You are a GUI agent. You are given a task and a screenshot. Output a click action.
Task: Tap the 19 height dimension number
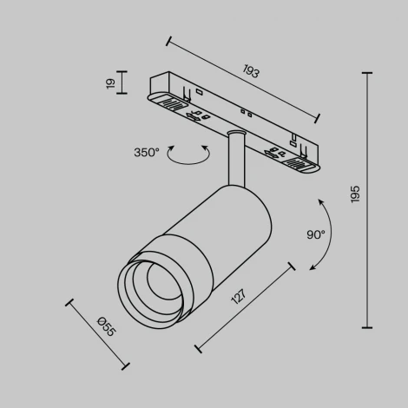(110, 83)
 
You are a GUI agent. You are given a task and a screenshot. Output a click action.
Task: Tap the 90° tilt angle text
(316, 234)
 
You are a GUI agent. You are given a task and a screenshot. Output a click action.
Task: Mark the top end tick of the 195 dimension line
(366, 73)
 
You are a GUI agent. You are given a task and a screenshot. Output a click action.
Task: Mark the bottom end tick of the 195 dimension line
(366, 327)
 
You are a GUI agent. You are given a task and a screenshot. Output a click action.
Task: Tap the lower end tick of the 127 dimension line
(198, 350)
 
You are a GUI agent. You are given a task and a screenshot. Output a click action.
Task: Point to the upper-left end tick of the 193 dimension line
(166, 39)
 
